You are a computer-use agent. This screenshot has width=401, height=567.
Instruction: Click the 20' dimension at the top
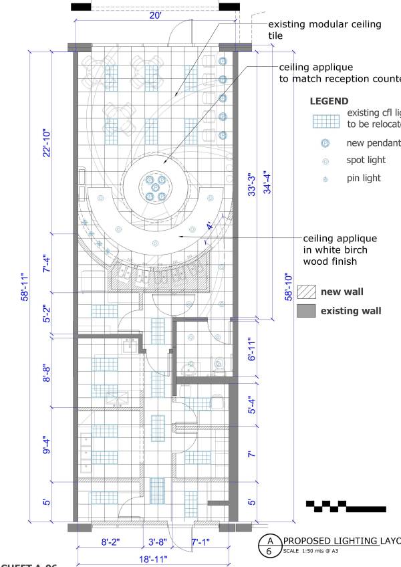pos(155,15)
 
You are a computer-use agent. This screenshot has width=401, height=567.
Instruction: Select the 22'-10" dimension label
pos(47,142)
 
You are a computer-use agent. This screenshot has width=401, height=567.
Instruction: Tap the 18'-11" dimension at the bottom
pos(154,559)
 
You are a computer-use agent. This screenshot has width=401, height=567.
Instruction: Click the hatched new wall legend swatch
pos(306,292)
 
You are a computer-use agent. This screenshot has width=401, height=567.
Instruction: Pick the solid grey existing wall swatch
pos(306,310)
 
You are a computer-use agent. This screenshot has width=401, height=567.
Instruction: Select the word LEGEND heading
pos(329,101)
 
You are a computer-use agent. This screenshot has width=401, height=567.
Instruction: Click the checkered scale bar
pos(344,506)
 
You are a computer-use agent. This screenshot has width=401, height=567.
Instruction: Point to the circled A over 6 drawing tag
pos(269,545)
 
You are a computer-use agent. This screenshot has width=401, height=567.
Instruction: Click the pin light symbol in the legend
pos(325,179)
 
